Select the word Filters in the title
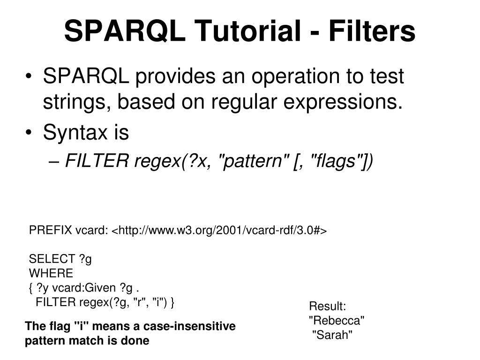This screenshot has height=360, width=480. [372, 31]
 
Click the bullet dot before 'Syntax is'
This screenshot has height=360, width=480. [30, 133]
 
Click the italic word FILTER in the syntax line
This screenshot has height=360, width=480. [97, 162]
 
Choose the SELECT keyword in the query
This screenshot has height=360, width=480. [52, 259]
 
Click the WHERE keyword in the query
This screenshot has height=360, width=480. [51, 273]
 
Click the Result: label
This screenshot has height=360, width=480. [327, 307]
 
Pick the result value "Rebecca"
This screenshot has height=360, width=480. [337, 321]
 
